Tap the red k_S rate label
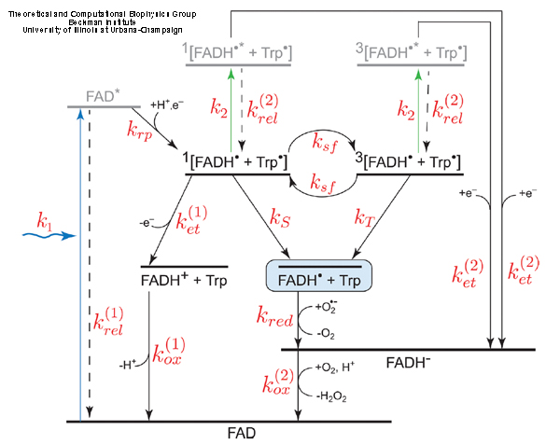pos(280,219)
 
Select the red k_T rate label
pos(365,219)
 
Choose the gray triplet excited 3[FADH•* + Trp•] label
pos(412,51)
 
